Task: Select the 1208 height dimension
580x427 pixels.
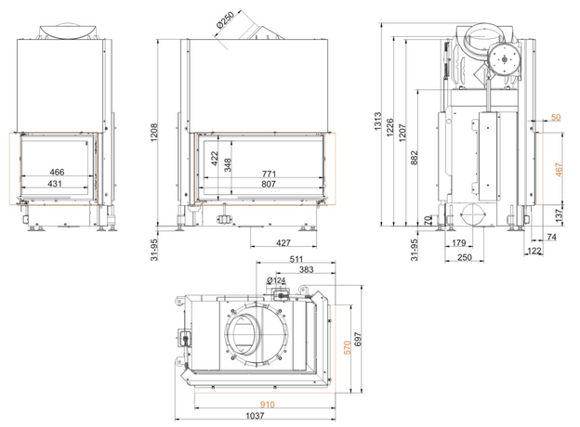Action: [154, 132]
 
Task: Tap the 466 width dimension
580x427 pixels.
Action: [57, 172]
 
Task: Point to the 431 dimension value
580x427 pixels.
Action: [55, 183]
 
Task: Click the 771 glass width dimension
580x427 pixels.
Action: [269, 174]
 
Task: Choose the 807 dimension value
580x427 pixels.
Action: [269, 184]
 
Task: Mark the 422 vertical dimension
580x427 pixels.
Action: [214, 159]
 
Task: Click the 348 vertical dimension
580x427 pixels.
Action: [228, 165]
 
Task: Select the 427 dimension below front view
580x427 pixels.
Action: [283, 242]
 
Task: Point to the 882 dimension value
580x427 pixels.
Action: [415, 158]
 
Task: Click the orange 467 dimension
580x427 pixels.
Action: [559, 170]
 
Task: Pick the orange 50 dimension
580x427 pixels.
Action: [556, 118]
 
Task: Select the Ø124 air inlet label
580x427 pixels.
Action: [276, 280]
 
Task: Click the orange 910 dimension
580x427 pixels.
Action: [267, 405]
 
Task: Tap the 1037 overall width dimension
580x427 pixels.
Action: [256, 416]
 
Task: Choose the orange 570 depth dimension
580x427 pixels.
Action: [348, 347]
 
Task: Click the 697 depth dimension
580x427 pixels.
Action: [358, 339]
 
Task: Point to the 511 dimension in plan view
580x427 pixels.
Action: [296, 259]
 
